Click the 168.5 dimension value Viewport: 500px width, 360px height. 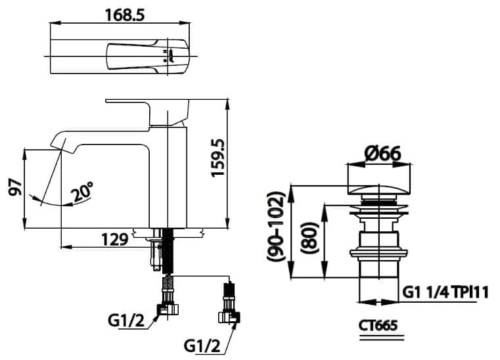point(125,15)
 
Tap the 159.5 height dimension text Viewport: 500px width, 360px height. point(218,158)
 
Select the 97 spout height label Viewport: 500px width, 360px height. point(15,187)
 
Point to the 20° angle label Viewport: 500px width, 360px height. point(81,192)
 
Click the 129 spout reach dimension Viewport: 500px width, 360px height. point(115,240)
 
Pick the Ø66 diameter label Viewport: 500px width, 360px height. point(382,154)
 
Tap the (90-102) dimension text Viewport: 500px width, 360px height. point(275,227)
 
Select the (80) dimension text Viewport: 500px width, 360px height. point(309,238)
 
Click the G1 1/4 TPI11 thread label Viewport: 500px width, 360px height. point(445,292)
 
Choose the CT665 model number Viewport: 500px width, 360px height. point(378,326)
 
